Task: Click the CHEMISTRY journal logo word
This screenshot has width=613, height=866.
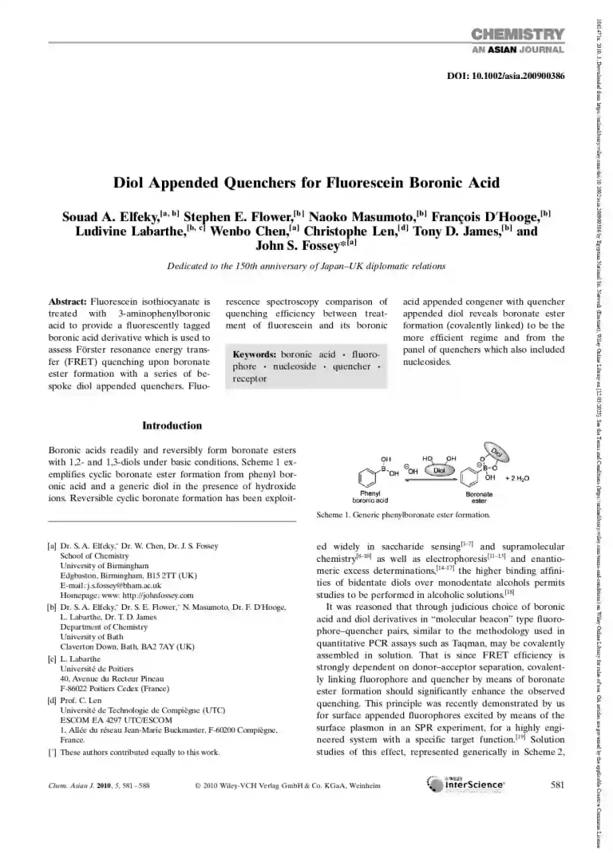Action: pyautogui.click(x=518, y=34)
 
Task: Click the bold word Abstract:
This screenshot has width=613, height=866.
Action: pyautogui.click(x=69, y=303)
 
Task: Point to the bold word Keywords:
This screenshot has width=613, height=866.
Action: pyautogui.click(x=254, y=354)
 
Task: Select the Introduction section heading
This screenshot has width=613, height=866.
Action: pyautogui.click(x=172, y=425)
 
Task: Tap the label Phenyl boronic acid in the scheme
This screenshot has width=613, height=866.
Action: pyautogui.click(x=370, y=497)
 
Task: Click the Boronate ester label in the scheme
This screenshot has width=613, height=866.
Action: pyautogui.click(x=479, y=497)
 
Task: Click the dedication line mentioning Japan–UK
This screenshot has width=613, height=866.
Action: pyautogui.click(x=306, y=267)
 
